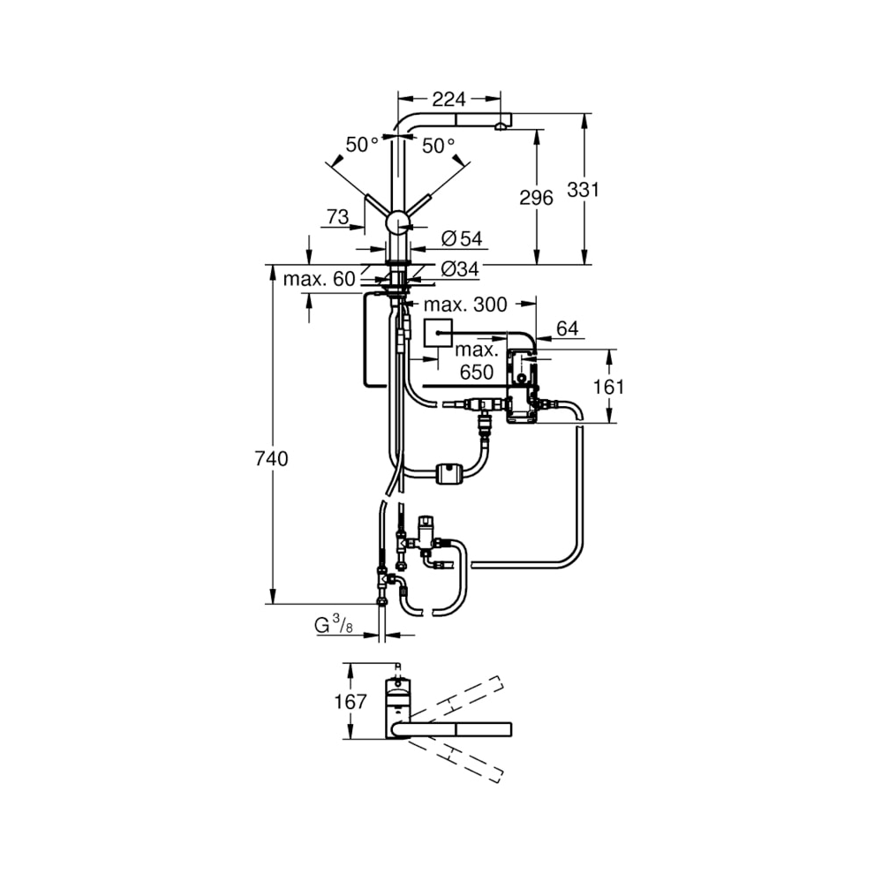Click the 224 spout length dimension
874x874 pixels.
pos(448,99)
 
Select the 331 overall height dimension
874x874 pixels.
pos(583,189)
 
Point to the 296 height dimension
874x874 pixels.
pos(537,197)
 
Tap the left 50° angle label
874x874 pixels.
pos(362,146)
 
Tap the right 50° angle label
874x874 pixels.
pos(438,146)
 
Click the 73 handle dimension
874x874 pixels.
pos(338,216)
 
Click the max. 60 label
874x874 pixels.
pos(319,279)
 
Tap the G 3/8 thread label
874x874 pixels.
pos(335,626)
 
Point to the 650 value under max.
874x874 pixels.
pos(476,373)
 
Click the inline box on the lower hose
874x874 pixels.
pos(449,472)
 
